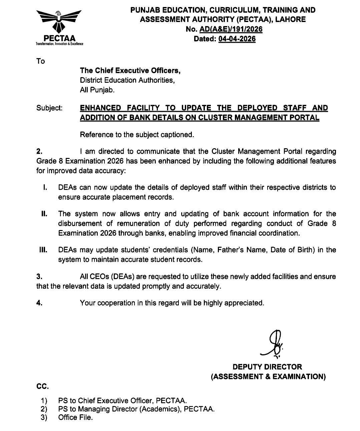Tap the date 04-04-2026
click(237, 39)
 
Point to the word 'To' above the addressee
click(40, 61)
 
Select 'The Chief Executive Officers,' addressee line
click(130, 70)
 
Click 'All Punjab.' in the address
click(97, 90)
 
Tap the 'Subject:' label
click(49, 108)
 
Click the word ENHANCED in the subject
click(101, 108)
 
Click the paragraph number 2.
click(39, 151)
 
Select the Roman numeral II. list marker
click(44, 214)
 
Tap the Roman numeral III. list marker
click(43, 250)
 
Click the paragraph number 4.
click(39, 303)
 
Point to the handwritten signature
click(272, 343)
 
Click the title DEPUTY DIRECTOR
click(267, 367)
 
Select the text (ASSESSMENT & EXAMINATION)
click(268, 377)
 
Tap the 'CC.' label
click(42, 387)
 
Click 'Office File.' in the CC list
click(75, 417)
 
